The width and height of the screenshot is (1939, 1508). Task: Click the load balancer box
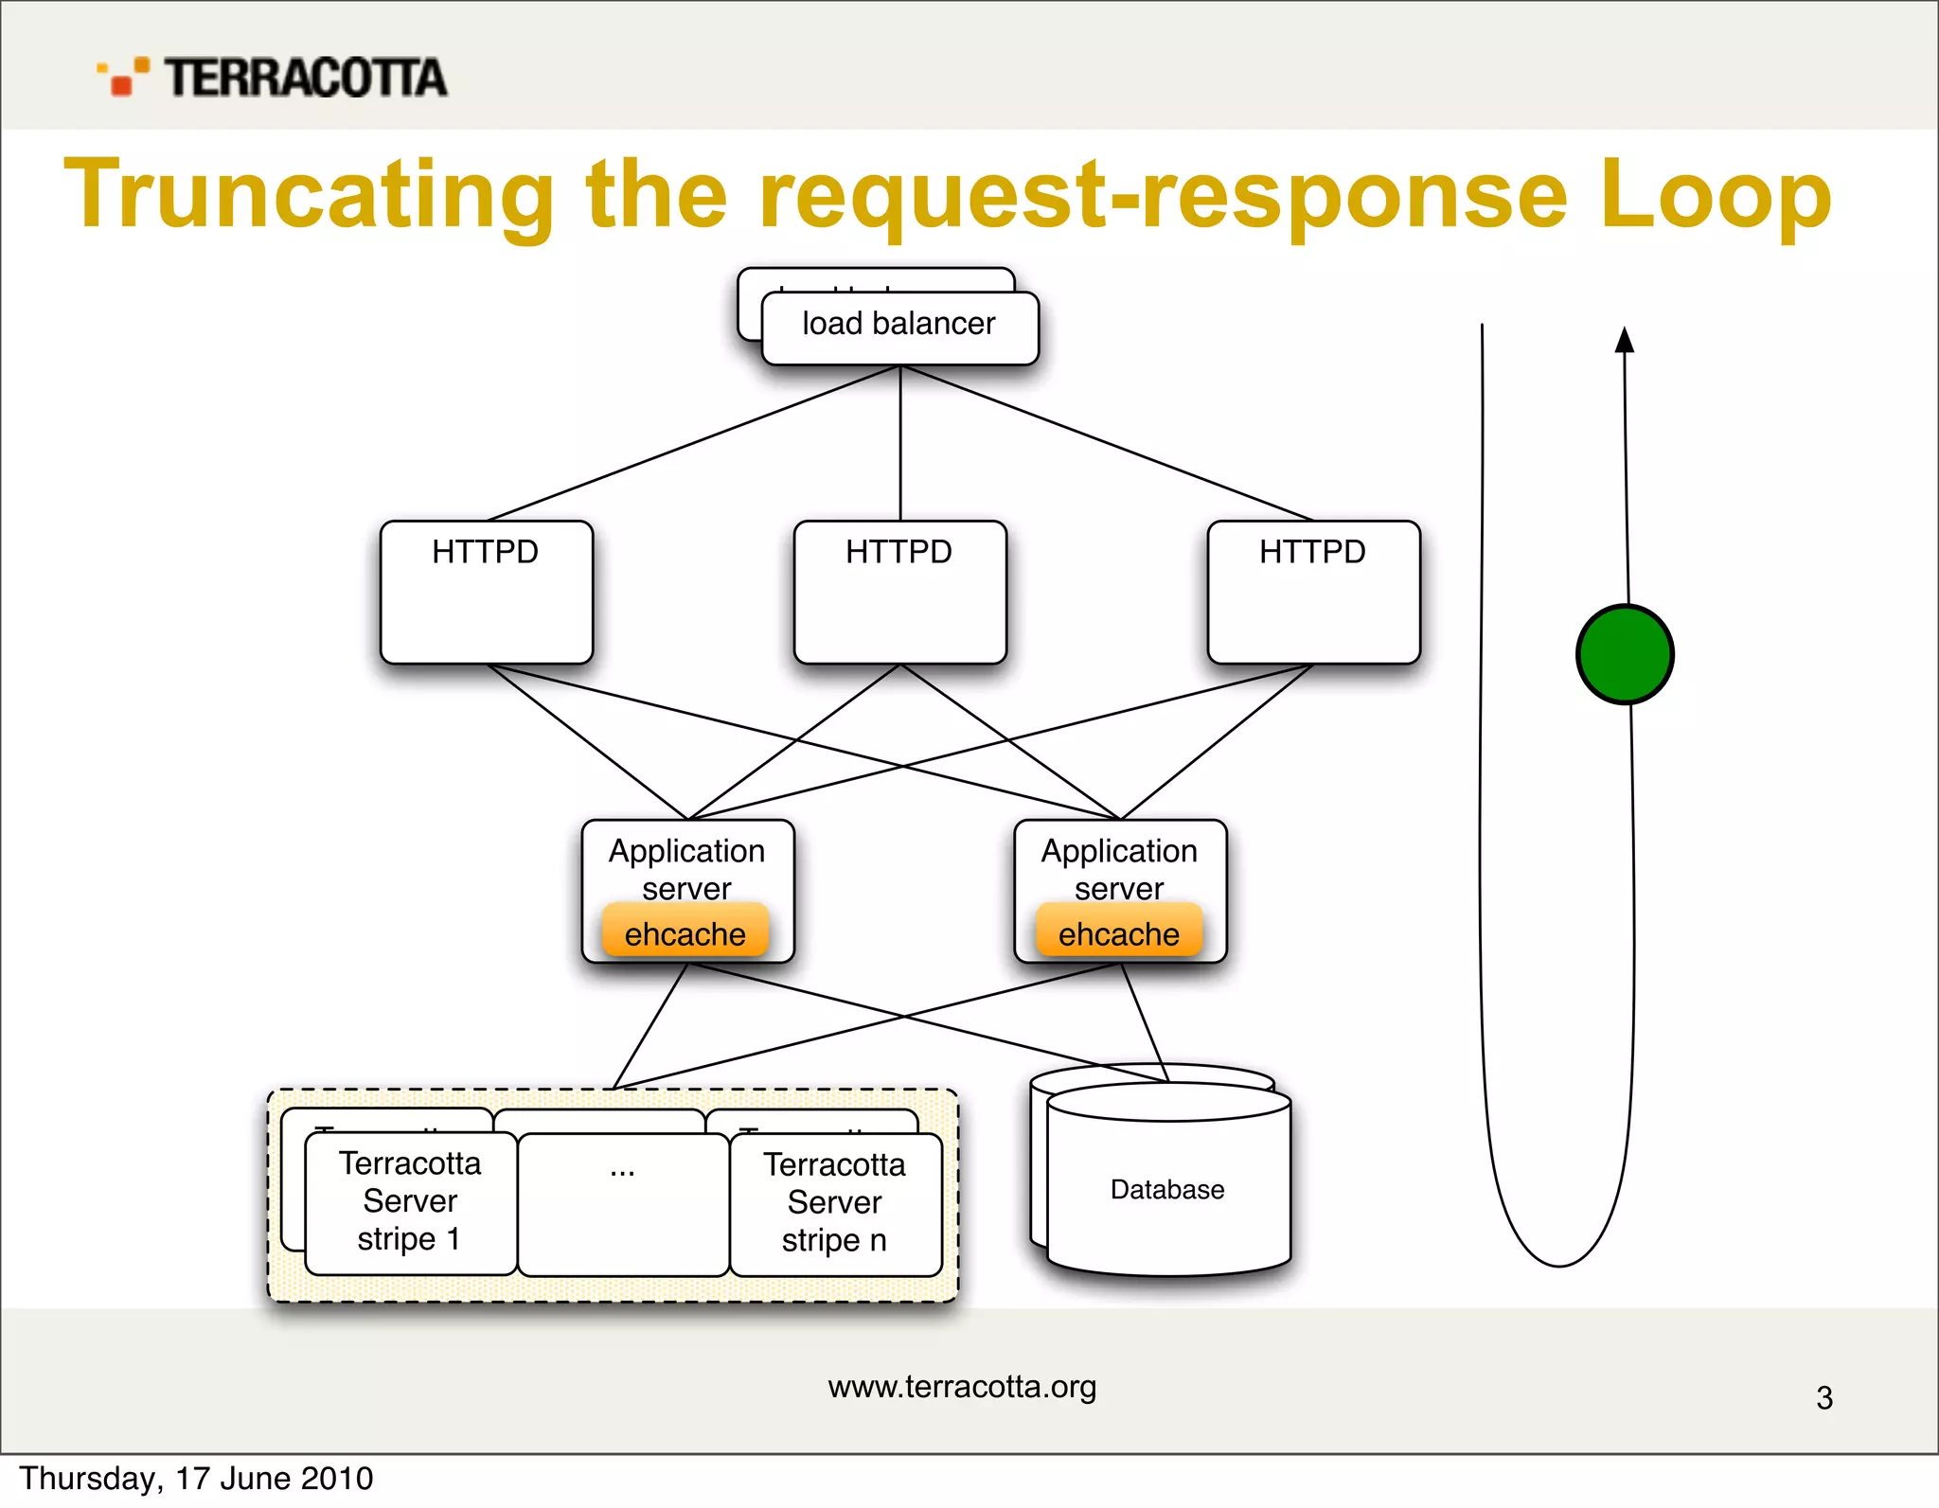(x=899, y=328)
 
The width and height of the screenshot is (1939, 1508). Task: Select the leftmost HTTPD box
(x=486, y=592)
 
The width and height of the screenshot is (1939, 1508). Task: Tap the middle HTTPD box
(x=899, y=592)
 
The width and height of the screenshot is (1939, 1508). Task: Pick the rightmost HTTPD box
(x=1313, y=592)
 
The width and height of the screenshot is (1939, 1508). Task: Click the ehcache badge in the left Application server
(x=685, y=932)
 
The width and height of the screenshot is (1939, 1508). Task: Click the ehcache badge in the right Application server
(x=1118, y=932)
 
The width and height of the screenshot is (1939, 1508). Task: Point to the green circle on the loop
(x=1625, y=654)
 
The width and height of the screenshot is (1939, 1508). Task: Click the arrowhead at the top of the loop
(x=1625, y=340)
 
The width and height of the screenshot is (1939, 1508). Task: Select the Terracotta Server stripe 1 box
(x=410, y=1202)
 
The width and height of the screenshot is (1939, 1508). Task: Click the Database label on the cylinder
(x=1167, y=1190)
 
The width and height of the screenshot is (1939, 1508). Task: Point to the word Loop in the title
(x=1715, y=195)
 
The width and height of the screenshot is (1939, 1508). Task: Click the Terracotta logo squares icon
(x=123, y=77)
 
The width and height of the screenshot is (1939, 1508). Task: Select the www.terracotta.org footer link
(x=962, y=1387)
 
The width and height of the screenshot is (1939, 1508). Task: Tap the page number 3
(x=1824, y=1398)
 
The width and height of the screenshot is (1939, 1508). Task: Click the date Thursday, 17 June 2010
(x=197, y=1479)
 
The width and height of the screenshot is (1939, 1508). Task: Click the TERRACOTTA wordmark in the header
(x=306, y=78)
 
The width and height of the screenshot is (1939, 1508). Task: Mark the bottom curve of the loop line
(x=1559, y=1264)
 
